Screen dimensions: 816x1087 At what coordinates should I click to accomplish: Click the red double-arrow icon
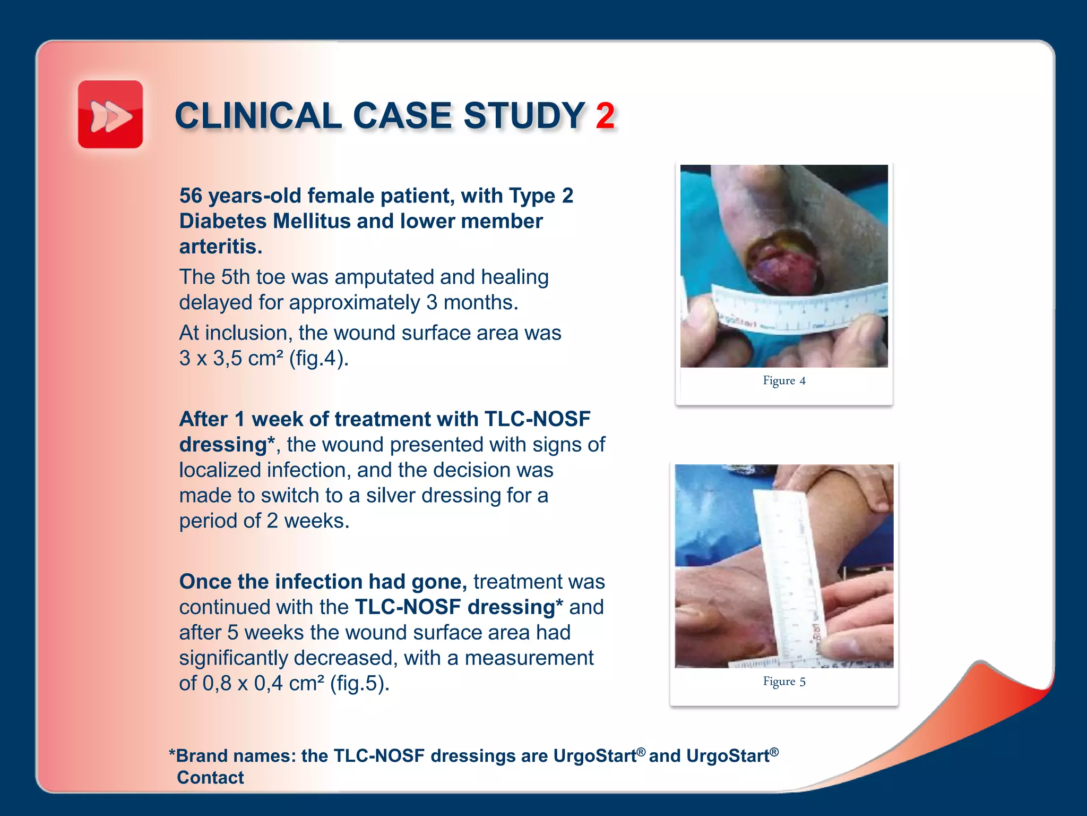pos(110,115)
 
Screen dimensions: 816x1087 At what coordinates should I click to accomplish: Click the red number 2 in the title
pos(605,116)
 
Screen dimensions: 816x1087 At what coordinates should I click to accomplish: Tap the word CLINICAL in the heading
pos(258,116)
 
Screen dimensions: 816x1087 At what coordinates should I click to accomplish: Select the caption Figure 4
pos(784,380)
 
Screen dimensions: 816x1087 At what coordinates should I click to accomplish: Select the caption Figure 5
pos(784,681)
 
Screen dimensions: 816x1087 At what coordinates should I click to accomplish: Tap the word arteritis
pos(220,246)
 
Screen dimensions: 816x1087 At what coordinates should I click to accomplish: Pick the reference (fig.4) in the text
pos(318,358)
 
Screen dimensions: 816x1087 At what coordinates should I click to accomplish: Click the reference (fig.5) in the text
pos(359,683)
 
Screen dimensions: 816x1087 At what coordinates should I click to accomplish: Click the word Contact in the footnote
pos(210,777)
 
